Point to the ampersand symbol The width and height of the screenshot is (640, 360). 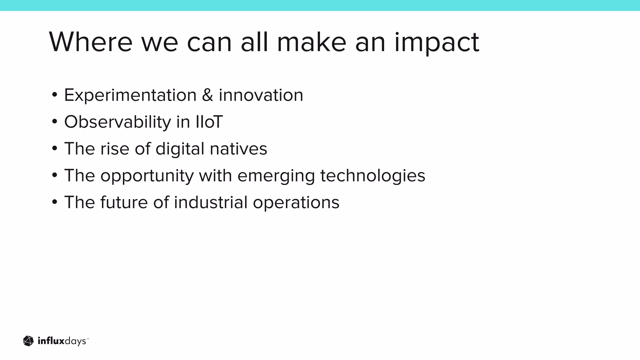(207, 95)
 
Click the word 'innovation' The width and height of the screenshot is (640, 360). (261, 95)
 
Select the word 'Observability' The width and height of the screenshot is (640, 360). (117, 122)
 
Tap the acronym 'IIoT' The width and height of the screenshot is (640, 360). (209, 122)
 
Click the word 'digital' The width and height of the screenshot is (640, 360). (180, 149)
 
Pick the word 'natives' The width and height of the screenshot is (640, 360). (238, 149)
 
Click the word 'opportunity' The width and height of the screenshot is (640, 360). (147, 176)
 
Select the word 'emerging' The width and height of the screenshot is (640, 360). (276, 176)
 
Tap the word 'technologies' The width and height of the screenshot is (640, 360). (372, 175)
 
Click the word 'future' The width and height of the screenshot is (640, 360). (124, 202)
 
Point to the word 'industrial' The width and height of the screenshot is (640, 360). (211, 202)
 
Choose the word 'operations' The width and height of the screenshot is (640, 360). (296, 203)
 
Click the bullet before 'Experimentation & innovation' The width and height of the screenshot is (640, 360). (55, 94)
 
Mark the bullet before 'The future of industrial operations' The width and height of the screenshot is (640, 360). (55, 202)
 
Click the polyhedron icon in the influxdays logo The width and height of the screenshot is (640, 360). (28, 341)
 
